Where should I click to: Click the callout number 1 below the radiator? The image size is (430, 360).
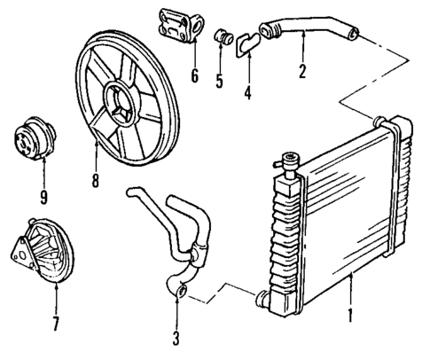350,313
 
